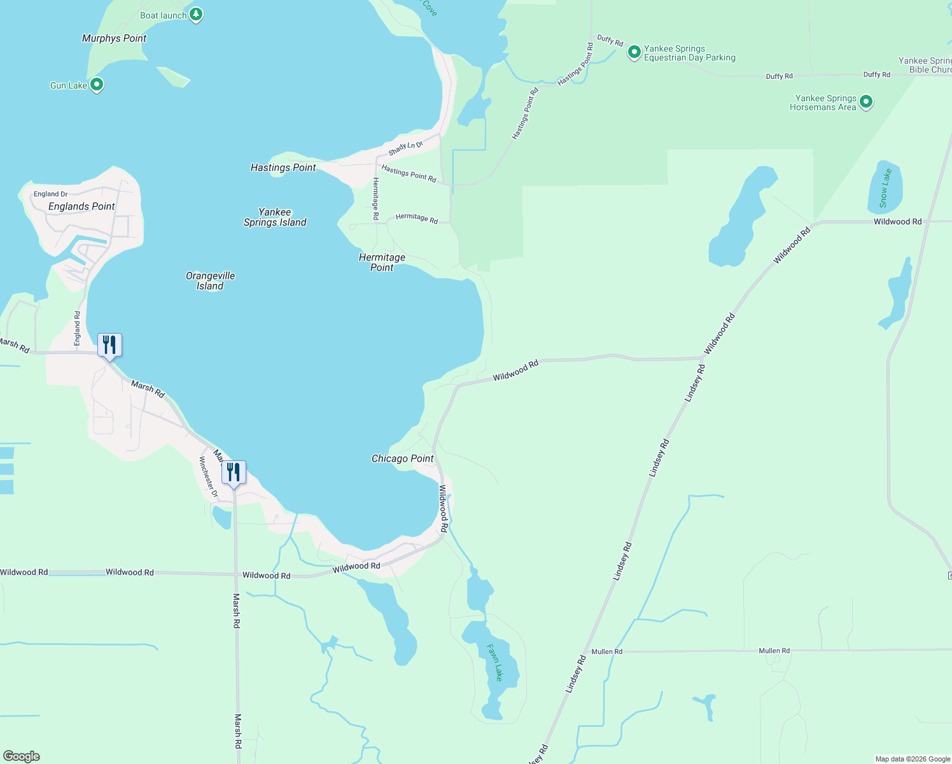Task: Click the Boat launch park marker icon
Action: pos(196,15)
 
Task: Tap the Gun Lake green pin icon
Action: pos(97,84)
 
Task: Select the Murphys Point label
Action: pos(115,38)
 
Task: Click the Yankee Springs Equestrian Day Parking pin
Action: pos(634,52)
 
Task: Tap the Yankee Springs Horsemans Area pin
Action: pos(865,102)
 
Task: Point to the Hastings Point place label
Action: pos(283,167)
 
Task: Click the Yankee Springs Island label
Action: pos(275,217)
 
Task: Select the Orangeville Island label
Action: pos(210,281)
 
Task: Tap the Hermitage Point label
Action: pos(382,262)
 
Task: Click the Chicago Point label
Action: pos(402,458)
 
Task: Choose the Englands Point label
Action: pos(81,206)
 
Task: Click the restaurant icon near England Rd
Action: pos(109,346)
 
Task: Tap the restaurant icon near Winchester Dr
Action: pos(234,473)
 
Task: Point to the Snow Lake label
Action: pos(885,188)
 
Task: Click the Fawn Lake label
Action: pos(495,662)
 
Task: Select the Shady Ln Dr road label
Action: pos(405,148)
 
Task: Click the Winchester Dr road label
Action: pos(208,477)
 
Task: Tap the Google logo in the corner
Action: pos(22,756)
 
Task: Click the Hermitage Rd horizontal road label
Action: pos(416,218)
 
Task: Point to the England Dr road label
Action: pos(51,194)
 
